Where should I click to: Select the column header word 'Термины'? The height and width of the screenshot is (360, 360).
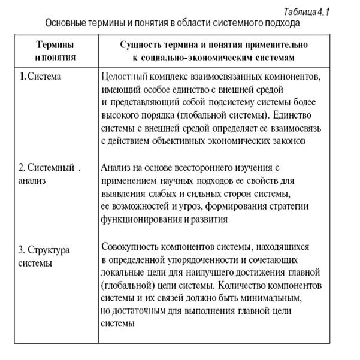tap(55, 45)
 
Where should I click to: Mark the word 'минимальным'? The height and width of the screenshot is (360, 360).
tap(267, 297)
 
